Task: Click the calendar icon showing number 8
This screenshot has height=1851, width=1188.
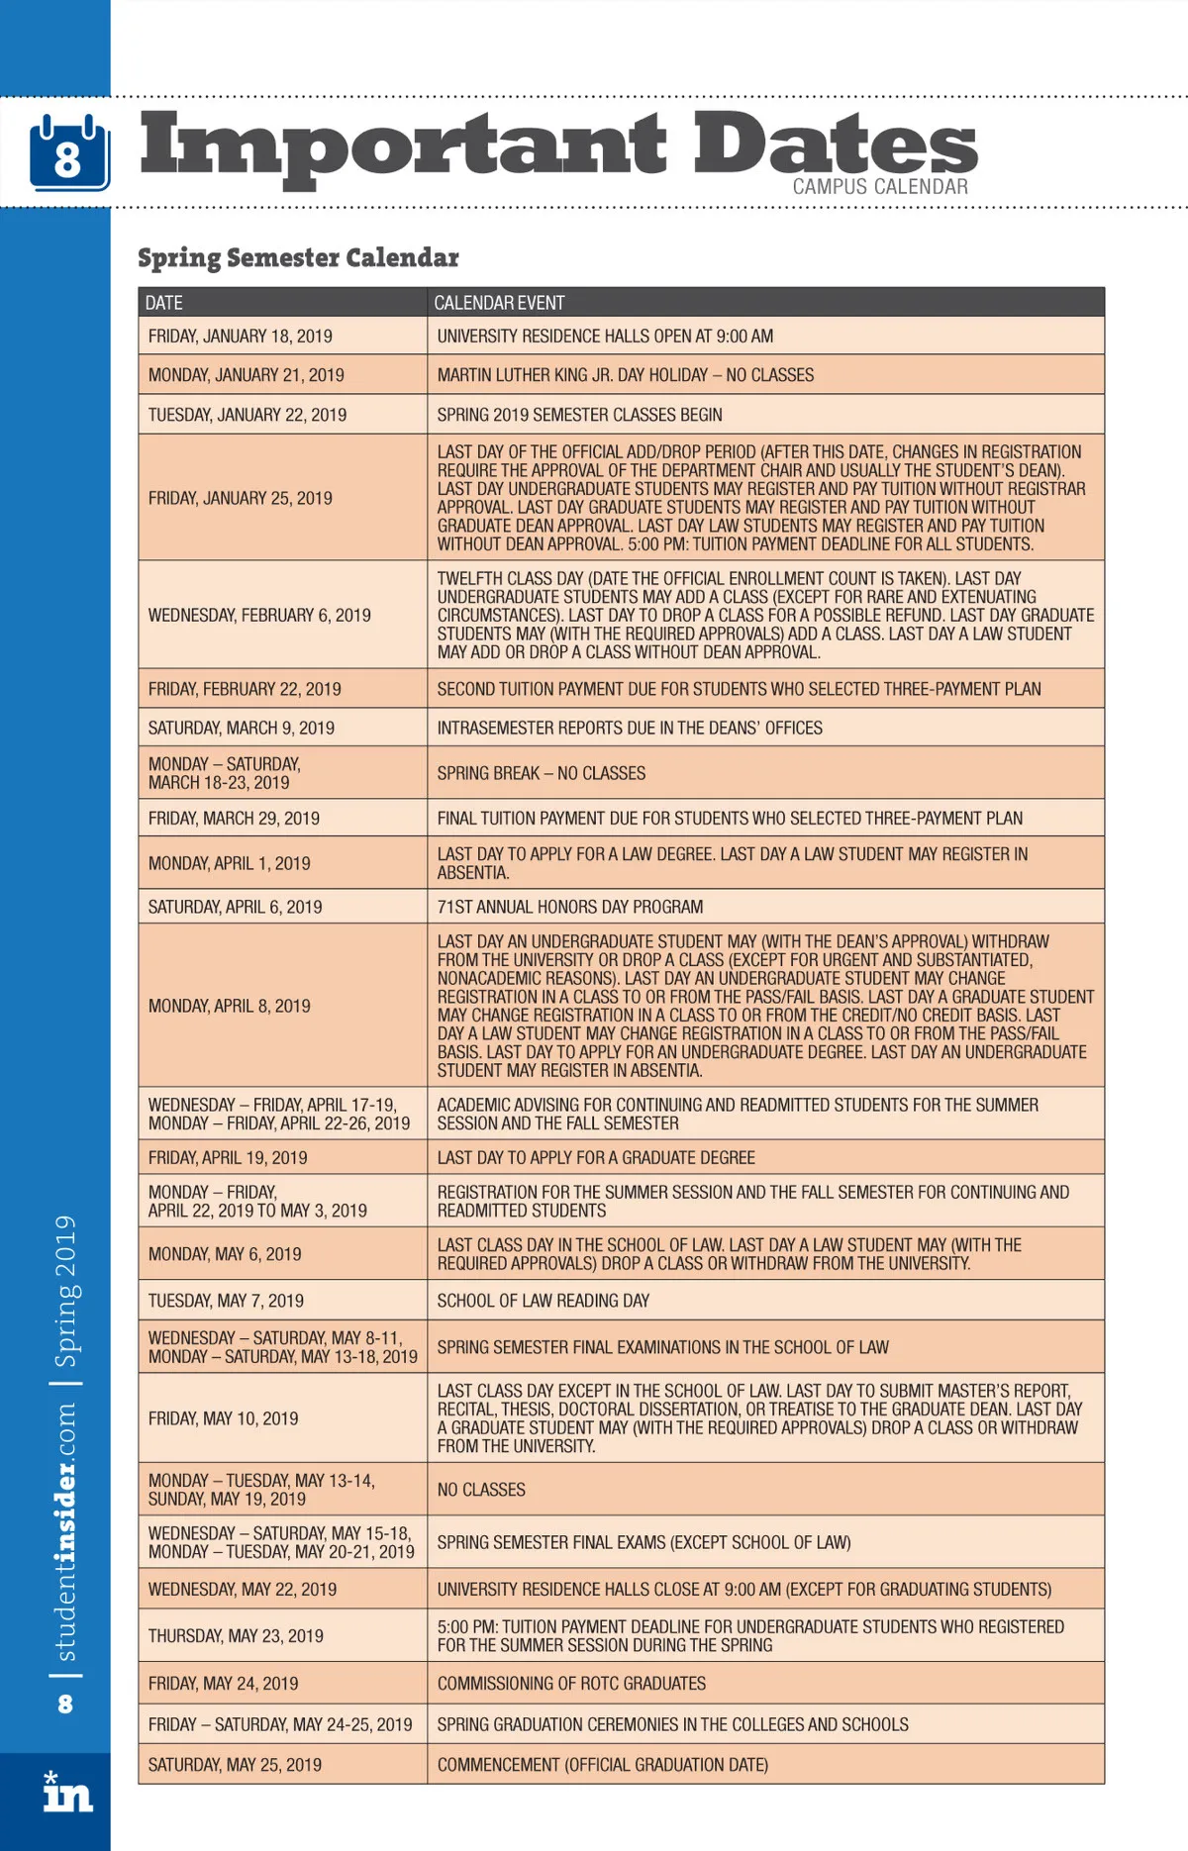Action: point(68,153)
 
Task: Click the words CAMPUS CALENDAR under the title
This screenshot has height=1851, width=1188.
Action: point(879,186)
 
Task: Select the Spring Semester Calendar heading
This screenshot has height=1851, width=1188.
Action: point(298,257)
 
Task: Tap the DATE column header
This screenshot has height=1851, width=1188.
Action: point(164,303)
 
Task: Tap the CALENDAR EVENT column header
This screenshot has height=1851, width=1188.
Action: point(499,303)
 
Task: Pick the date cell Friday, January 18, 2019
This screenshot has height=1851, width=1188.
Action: point(241,337)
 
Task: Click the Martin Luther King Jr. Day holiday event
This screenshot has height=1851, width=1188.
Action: point(625,375)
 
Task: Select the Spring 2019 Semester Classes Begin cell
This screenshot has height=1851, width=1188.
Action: point(579,415)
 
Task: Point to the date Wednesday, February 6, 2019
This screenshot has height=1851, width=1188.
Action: point(259,615)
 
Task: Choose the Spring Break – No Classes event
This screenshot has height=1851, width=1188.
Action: point(541,773)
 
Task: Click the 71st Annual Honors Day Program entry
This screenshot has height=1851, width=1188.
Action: point(569,907)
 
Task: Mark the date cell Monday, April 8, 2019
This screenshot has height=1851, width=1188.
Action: point(230,1006)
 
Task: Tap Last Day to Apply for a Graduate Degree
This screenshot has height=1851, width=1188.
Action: point(596,1157)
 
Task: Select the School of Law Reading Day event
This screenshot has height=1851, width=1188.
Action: point(544,1301)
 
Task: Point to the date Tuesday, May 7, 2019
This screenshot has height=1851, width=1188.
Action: point(226,1301)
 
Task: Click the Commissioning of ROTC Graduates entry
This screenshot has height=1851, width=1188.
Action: point(571,1683)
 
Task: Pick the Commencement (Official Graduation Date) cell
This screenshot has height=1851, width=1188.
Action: point(602,1764)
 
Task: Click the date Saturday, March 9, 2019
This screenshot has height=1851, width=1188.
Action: point(242,728)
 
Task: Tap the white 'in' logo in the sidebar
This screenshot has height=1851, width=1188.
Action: point(66,1793)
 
